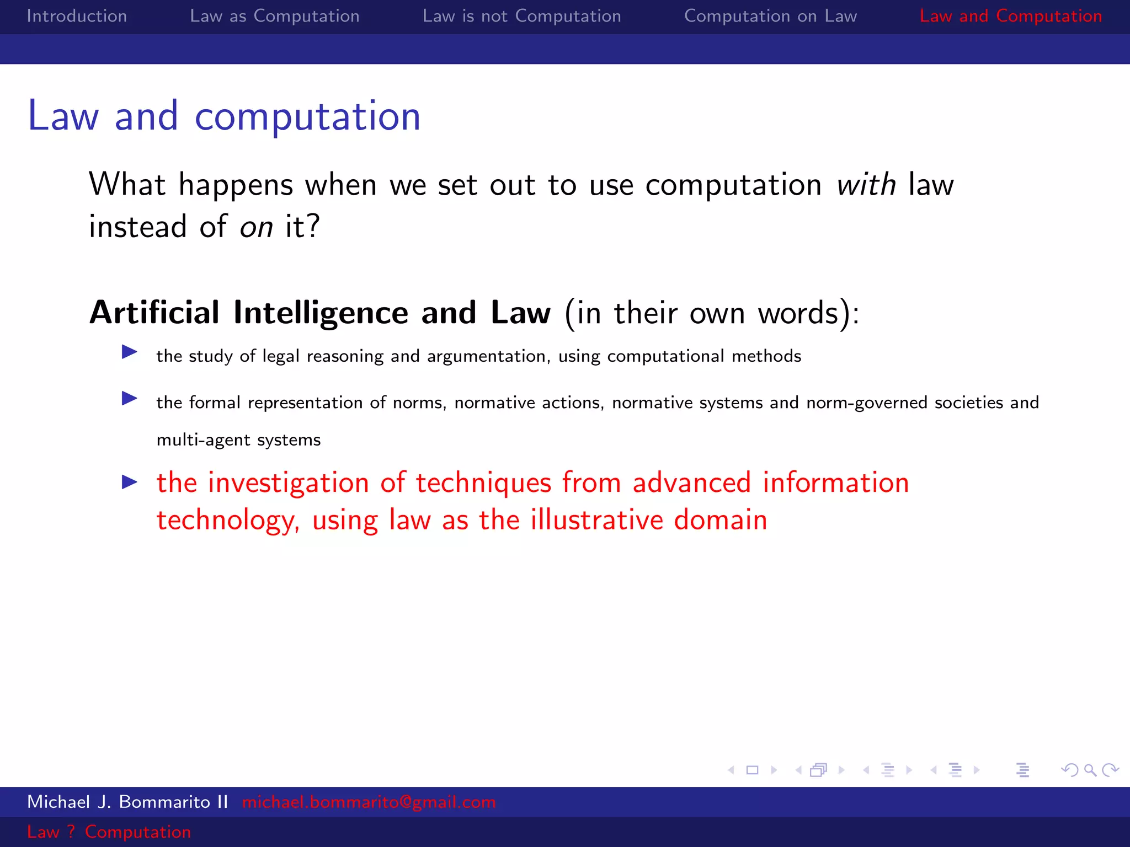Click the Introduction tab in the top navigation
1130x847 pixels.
coord(77,16)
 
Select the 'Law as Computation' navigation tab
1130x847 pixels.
coord(274,16)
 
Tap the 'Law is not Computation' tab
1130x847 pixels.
coord(521,16)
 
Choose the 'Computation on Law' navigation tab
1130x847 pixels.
coord(770,16)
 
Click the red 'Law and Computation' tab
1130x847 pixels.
coord(1010,16)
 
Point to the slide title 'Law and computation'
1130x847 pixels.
coord(224,116)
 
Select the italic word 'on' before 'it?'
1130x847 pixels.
coord(256,227)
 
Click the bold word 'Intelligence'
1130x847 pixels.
coord(321,313)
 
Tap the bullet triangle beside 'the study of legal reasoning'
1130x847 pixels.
coord(129,352)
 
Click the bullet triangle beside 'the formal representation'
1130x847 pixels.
coord(129,398)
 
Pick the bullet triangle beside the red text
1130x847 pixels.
coord(129,483)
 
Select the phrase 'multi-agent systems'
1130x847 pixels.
coord(238,440)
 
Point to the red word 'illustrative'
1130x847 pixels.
coord(596,520)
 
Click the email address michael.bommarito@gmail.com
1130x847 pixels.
coord(369,802)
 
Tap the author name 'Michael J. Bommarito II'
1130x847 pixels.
coord(127,802)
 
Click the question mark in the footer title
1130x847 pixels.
coord(71,832)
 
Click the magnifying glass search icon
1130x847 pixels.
coord(1090,770)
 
